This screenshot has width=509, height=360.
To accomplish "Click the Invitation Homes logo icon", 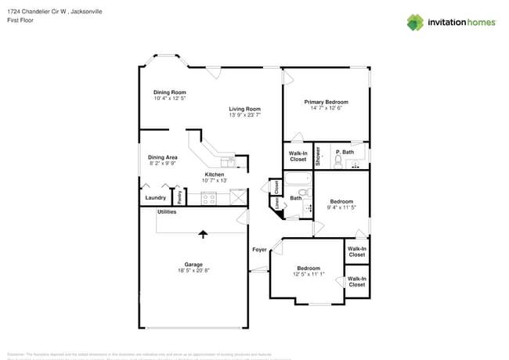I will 415,22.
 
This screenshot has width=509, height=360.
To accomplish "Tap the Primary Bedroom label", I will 327,102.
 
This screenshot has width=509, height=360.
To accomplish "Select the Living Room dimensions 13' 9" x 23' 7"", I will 244,115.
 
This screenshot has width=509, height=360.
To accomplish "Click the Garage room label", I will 193,264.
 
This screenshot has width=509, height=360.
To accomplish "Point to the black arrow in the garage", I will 204,233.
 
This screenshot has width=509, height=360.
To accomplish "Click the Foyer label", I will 259,250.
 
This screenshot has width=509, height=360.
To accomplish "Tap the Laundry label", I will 155,197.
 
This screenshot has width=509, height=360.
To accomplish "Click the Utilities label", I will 167,211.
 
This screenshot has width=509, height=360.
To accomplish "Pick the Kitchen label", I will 215,174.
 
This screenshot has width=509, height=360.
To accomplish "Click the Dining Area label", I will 162,157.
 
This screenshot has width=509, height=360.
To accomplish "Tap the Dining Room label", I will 169,92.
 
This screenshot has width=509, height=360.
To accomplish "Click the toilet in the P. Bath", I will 338,162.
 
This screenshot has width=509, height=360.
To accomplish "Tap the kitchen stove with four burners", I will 209,198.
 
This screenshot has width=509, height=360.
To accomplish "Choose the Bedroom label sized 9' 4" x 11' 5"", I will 341,201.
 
